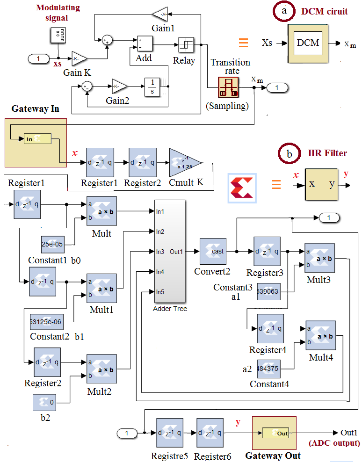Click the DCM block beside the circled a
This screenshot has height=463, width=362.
point(308,43)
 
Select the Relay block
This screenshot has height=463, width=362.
point(186,45)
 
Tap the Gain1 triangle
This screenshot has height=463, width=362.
point(160,14)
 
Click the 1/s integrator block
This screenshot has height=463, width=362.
point(152,87)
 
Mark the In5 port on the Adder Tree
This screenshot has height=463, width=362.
point(160,292)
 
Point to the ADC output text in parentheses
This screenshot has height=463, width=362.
point(334,443)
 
